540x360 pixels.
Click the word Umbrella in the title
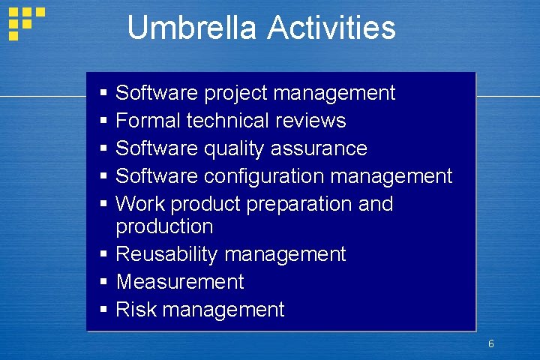tap(193, 28)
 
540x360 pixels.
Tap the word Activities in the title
tap(331, 28)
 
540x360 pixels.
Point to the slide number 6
tap(490, 344)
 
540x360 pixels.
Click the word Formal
tap(148, 121)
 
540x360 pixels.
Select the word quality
tap(232, 148)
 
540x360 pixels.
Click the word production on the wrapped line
tap(164, 226)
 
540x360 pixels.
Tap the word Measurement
tap(180, 282)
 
